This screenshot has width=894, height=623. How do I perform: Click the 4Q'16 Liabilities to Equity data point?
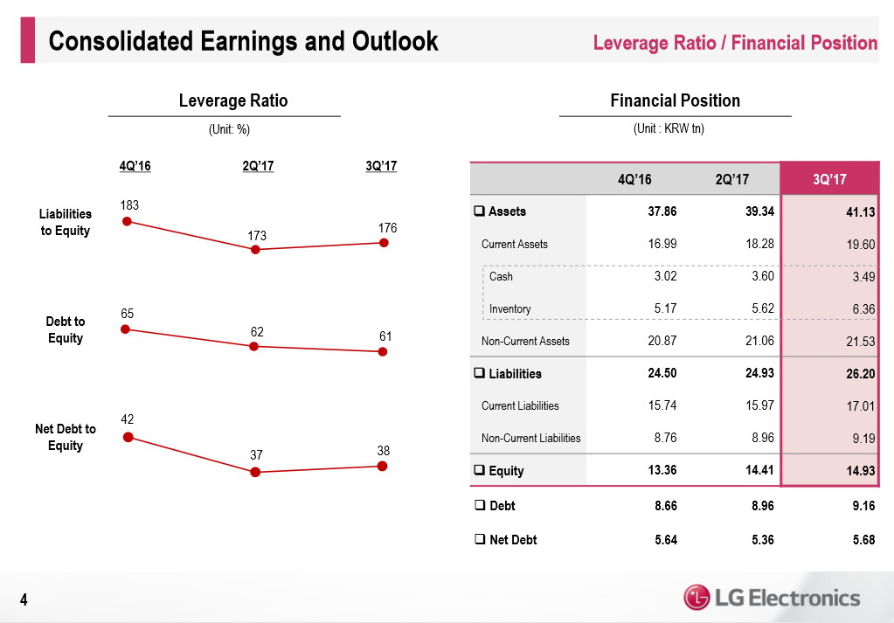point(127,222)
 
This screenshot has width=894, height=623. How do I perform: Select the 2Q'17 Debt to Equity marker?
point(254,346)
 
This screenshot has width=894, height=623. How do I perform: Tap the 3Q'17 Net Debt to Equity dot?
point(383,466)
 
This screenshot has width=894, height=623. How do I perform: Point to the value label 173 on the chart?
point(255,236)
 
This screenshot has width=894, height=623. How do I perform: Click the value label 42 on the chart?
point(127,419)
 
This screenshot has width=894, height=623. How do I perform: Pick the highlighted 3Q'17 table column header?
point(828,179)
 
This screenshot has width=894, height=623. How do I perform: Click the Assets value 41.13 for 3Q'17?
point(859,212)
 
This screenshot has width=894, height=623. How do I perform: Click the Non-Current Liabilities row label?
point(530,438)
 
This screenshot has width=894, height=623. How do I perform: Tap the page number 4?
point(24,599)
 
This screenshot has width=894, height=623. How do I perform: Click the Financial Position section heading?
point(675,100)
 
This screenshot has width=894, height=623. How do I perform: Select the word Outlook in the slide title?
point(394,41)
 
